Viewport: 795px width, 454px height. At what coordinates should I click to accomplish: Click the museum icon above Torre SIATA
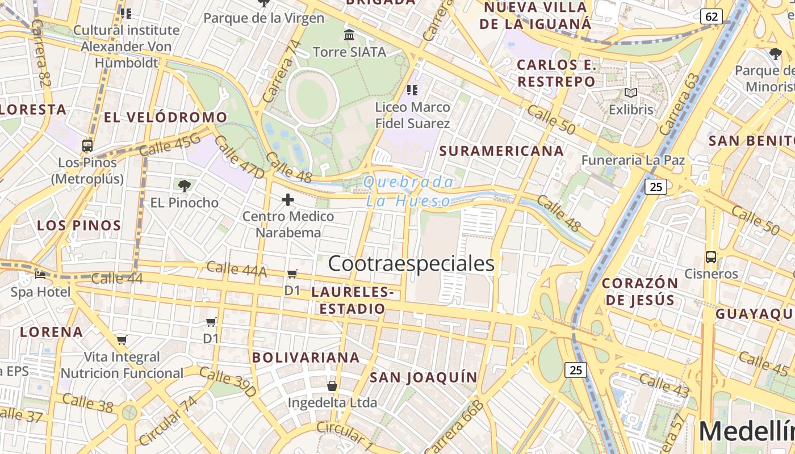[x=349, y=36]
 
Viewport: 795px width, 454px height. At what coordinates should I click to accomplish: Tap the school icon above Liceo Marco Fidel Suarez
[x=412, y=90]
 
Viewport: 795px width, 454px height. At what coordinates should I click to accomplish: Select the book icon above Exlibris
[x=631, y=93]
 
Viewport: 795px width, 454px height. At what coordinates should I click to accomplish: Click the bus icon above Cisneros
[x=710, y=257]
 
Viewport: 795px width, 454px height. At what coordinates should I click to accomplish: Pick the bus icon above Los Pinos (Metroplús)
[x=87, y=146]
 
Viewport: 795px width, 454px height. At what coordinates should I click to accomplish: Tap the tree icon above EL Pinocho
[x=184, y=186]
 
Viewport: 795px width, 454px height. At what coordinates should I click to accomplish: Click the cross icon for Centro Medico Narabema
[x=288, y=200]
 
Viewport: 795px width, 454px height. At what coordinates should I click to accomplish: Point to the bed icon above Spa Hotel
[x=40, y=275]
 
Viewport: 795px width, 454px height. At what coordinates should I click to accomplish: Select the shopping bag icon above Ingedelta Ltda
[x=332, y=386]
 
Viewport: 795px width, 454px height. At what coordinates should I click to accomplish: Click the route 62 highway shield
[x=712, y=16]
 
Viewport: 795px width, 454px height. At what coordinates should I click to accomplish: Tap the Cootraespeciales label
[x=411, y=264]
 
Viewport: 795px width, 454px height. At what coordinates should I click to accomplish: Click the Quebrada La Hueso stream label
[x=408, y=191]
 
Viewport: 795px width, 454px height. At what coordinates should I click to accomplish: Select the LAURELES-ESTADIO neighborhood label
[x=352, y=301]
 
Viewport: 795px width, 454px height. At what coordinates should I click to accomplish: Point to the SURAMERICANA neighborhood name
[x=501, y=151]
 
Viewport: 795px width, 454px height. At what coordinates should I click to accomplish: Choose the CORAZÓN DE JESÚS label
[x=640, y=291]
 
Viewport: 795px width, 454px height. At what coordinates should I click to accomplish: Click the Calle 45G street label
[x=170, y=144]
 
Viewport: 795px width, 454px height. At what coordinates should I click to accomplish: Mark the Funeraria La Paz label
[x=633, y=160]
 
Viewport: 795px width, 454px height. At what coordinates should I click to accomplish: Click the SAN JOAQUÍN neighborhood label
[x=424, y=377]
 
